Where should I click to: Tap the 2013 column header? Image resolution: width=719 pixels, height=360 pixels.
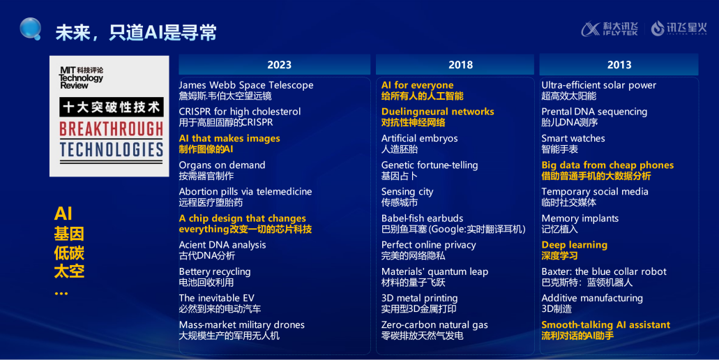[x=619, y=65]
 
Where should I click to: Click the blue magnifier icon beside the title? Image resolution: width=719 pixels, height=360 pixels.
[x=30, y=29]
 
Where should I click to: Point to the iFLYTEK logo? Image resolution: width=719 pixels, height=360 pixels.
[x=610, y=29]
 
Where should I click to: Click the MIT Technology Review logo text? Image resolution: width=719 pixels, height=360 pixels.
[x=81, y=77]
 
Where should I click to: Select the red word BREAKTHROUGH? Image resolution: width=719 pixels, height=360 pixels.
[x=112, y=129]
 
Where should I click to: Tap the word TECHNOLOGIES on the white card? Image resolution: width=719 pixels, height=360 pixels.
[x=112, y=149]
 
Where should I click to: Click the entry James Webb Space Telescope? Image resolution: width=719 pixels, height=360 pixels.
[x=246, y=85]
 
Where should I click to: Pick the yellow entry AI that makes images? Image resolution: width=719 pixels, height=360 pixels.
[x=229, y=139]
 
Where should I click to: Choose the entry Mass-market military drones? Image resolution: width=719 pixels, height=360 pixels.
[x=242, y=324]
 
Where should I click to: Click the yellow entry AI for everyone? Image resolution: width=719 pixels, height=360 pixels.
[x=417, y=85]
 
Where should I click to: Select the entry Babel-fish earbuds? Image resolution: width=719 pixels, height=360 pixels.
[x=423, y=218]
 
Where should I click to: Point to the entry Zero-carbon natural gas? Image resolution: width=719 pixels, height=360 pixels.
[x=434, y=324]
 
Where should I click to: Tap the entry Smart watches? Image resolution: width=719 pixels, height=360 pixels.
[x=573, y=139]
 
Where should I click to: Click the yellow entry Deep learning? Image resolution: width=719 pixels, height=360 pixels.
[x=574, y=246]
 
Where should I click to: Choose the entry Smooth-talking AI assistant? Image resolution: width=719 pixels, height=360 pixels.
[x=606, y=324]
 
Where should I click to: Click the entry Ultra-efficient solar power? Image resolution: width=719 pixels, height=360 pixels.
[x=599, y=85]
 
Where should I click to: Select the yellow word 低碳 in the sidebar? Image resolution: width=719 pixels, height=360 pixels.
[x=69, y=253]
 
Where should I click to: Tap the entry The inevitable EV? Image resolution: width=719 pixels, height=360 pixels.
[x=216, y=298]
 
